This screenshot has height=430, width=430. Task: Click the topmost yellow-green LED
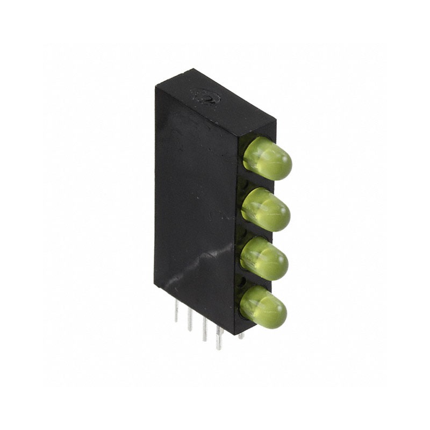(267, 158)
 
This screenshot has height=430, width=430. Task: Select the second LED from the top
(266, 209)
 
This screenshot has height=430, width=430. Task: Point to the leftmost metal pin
(176, 311)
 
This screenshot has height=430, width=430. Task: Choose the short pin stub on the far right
(241, 335)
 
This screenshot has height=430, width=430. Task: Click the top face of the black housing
(215, 102)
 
